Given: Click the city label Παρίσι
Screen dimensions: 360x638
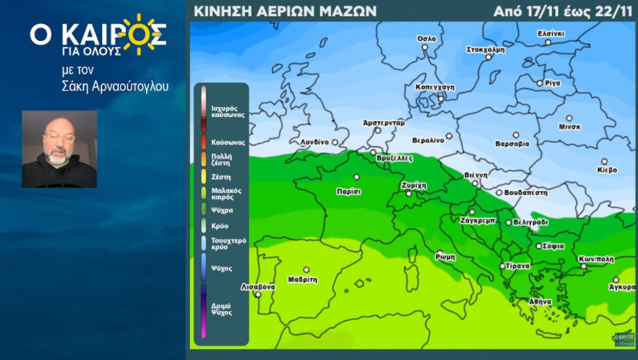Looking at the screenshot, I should click(x=349, y=191).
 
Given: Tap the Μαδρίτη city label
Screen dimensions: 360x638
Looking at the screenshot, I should click(x=303, y=279).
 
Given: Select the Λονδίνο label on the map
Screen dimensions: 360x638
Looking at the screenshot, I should click(x=314, y=142).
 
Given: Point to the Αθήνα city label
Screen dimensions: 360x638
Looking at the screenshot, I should click(x=539, y=302).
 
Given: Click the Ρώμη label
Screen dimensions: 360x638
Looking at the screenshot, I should click(x=445, y=257).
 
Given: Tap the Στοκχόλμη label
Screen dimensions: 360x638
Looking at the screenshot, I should click(x=486, y=50).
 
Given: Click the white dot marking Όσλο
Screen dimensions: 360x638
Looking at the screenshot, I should click(x=425, y=47).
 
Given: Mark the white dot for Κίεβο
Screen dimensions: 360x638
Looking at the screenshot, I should click(x=605, y=162).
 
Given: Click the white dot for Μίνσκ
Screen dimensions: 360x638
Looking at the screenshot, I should click(x=569, y=118).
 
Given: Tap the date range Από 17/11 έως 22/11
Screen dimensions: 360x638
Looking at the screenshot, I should click(x=563, y=11).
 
